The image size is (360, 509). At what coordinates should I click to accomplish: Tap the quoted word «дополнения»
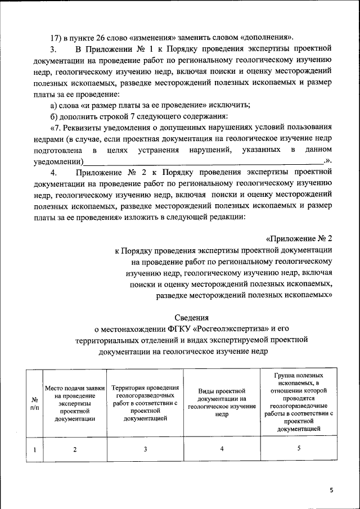[265, 38]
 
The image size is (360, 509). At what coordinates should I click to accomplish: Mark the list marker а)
[54, 105]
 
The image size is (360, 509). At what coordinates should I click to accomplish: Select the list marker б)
[54, 116]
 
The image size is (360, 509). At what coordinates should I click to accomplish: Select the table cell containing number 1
[35, 449]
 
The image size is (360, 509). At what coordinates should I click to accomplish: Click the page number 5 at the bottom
[331, 490]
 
